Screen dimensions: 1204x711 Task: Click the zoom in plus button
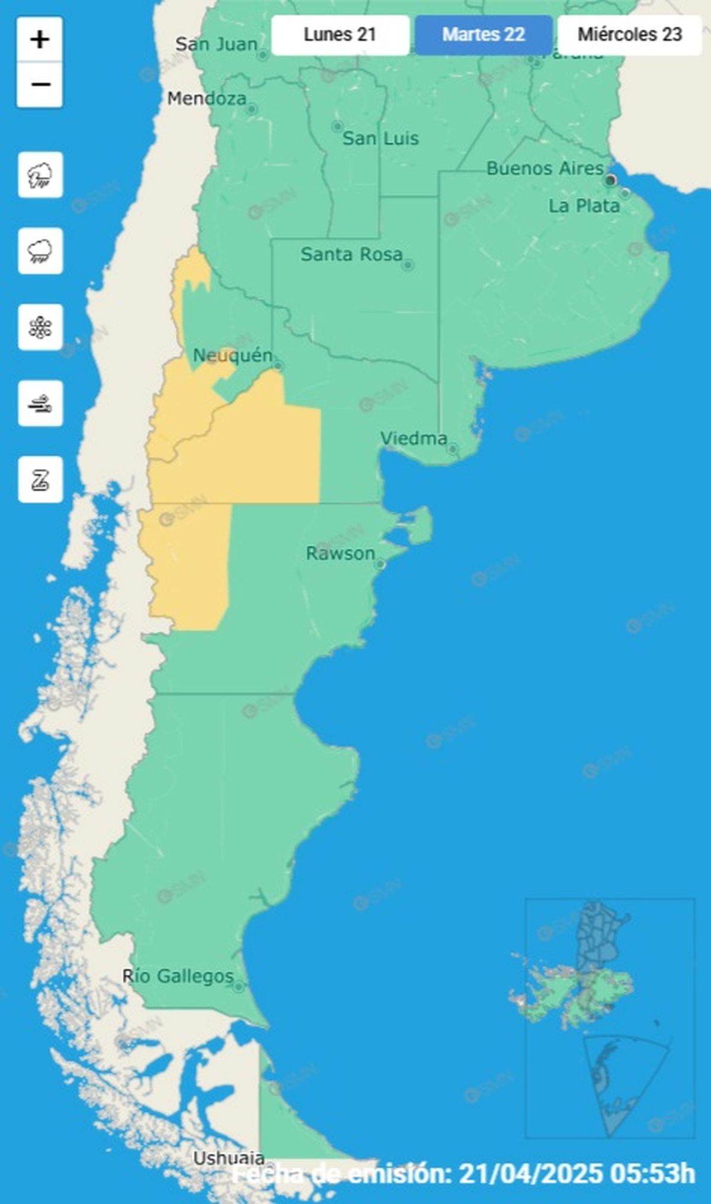[x=40, y=40]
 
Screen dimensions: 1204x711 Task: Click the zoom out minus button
[x=40, y=85]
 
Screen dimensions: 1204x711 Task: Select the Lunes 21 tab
[x=340, y=34]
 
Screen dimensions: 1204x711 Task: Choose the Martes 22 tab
[x=483, y=34]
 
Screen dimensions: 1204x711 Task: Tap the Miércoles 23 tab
[x=630, y=34]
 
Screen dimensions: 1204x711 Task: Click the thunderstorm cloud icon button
[x=40, y=175]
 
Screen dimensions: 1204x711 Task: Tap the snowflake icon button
[x=40, y=327]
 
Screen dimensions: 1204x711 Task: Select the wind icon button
[x=40, y=404]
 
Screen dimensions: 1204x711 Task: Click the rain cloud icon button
[x=40, y=251]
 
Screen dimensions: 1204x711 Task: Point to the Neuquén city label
[x=233, y=356]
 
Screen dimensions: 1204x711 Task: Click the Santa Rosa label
[x=351, y=255]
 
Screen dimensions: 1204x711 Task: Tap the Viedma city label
[x=414, y=439]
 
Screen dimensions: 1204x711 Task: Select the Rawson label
[x=340, y=553]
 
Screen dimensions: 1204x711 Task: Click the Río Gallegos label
[x=178, y=976]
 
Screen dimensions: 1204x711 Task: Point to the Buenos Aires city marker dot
[x=610, y=180]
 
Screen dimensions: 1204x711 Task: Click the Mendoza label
[x=206, y=98]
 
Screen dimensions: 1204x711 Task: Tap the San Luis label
[x=380, y=139]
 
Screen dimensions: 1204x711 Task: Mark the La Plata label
[x=584, y=206]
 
